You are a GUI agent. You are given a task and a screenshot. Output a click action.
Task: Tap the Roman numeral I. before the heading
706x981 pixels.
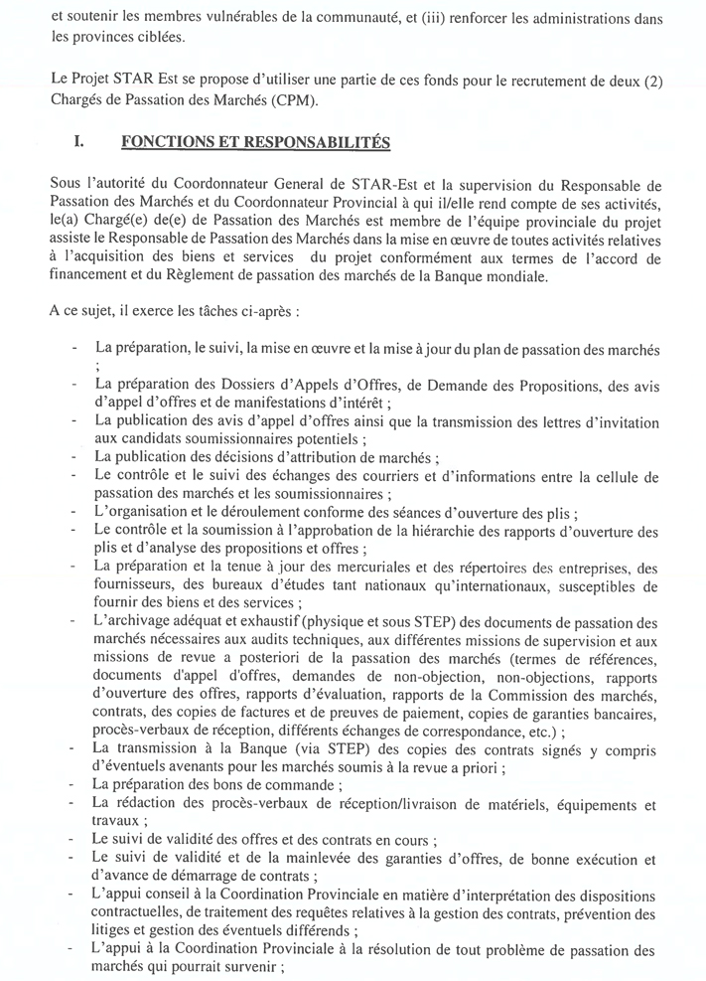79,143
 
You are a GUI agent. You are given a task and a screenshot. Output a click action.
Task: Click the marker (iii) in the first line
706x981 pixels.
438,17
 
